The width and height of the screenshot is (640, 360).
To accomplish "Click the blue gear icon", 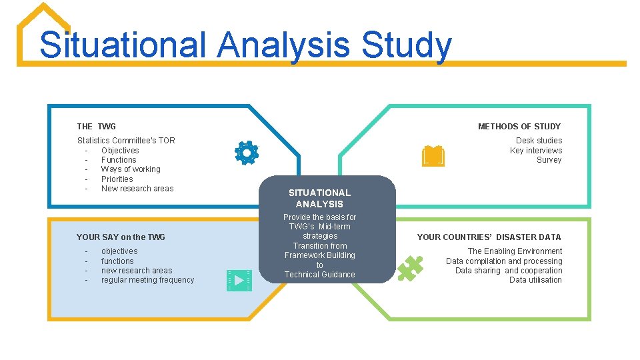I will pyautogui.click(x=246, y=153).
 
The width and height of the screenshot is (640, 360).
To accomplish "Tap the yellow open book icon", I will pyautogui.click(x=433, y=156).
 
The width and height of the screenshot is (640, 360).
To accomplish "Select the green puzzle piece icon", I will pyautogui.click(x=410, y=268).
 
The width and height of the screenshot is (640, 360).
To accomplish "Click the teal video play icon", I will pyautogui.click(x=239, y=280).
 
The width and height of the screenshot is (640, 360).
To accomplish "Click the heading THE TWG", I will pyautogui.click(x=96, y=127).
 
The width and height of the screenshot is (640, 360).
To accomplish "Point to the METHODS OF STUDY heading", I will pyautogui.click(x=519, y=127).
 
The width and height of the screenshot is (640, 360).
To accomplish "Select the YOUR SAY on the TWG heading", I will pyautogui.click(x=121, y=237).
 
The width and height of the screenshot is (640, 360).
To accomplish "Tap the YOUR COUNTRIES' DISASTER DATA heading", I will pyautogui.click(x=489, y=237).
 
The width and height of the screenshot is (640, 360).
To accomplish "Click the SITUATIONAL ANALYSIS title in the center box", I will pyautogui.click(x=319, y=199).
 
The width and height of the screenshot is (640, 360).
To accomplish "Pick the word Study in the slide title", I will pyautogui.click(x=406, y=45).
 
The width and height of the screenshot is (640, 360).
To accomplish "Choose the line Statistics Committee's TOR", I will pyautogui.click(x=126, y=141).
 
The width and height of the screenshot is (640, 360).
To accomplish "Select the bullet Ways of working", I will pyautogui.click(x=131, y=169).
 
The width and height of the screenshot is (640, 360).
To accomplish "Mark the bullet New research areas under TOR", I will pyautogui.click(x=137, y=189).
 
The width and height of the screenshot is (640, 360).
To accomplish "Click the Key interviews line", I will pyautogui.click(x=535, y=151).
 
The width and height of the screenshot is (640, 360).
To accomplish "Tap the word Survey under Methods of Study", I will pyautogui.click(x=549, y=160).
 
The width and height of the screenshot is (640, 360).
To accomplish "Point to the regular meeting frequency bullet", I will pyautogui.click(x=147, y=280).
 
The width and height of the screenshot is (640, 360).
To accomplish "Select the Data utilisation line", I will pyautogui.click(x=535, y=280).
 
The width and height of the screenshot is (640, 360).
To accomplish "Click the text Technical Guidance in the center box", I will pyautogui.click(x=319, y=275).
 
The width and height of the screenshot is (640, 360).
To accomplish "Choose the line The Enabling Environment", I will pyautogui.click(x=515, y=251).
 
